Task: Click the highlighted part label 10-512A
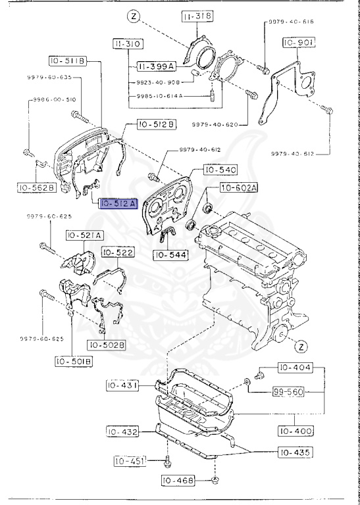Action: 118,204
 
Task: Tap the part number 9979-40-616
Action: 291,22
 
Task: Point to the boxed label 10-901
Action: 299,43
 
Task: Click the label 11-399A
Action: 155,66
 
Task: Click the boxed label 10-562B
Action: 36,187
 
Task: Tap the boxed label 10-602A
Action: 239,189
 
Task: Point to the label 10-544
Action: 170,254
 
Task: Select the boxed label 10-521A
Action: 84,235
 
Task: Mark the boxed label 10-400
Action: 294,431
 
